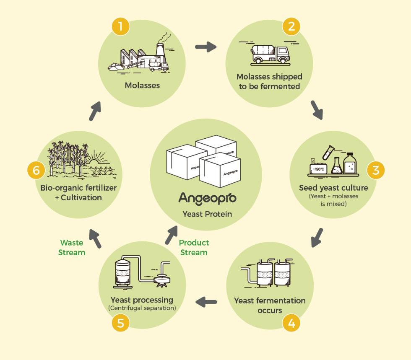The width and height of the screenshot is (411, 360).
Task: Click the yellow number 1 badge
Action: point(121,27)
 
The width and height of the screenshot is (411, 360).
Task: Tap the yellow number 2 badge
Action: point(291,27)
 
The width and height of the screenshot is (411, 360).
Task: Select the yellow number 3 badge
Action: point(375,170)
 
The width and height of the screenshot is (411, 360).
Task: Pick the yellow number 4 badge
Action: point(291,323)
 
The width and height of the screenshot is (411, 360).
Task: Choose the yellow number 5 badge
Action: point(121,323)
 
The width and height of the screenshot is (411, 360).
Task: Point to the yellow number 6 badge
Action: point(36,170)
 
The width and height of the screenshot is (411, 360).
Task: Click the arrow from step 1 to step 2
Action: point(205,47)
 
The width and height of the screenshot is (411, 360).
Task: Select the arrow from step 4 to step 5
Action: point(206,301)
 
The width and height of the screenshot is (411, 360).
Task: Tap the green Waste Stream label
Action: point(72,247)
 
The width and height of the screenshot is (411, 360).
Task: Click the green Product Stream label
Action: point(194,247)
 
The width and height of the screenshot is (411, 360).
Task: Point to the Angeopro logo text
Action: point(207,198)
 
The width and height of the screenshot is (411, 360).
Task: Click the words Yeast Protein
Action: point(207,214)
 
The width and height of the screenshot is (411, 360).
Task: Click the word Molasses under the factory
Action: point(142,85)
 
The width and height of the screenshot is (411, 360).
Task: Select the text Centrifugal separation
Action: point(142,308)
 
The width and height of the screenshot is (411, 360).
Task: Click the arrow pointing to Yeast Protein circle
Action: point(171,235)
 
